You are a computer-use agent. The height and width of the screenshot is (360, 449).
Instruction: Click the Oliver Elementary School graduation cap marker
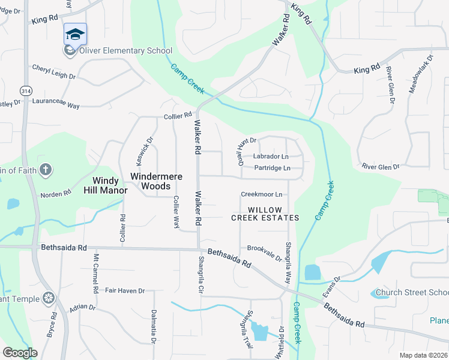(x=75, y=34)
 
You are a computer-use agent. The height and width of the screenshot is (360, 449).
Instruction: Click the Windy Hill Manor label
(x=109, y=185)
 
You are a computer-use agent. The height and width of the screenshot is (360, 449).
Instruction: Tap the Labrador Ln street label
(x=271, y=157)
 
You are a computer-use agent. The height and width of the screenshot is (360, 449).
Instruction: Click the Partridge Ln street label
(x=272, y=168)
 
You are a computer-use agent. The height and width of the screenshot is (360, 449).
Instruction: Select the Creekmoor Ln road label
(x=261, y=194)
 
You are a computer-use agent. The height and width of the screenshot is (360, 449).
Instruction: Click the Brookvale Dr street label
(x=265, y=252)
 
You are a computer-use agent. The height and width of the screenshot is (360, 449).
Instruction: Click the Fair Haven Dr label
(x=125, y=291)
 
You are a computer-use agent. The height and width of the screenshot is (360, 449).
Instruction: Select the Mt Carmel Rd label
(x=95, y=274)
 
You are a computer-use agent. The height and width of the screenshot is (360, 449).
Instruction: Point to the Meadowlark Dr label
(x=420, y=74)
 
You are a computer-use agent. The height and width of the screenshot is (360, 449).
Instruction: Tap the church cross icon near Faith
(x=45, y=169)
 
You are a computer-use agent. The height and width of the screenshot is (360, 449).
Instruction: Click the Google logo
(x=20, y=353)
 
